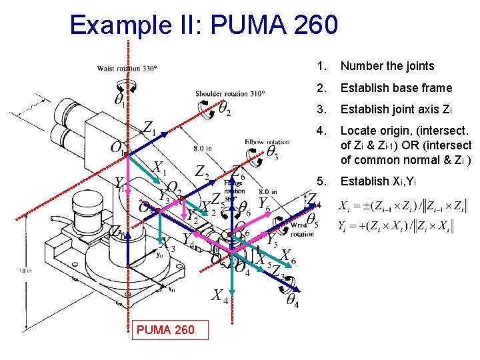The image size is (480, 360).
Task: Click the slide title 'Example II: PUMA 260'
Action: click(x=204, y=25)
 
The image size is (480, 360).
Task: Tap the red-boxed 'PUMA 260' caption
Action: click(x=165, y=329)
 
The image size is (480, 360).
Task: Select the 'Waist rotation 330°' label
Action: click(x=127, y=68)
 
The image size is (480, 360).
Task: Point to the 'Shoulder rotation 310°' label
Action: click(x=230, y=93)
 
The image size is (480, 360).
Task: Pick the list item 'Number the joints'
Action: click(x=387, y=66)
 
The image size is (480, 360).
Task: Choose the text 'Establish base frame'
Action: click(x=396, y=88)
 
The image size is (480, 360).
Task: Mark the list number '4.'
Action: click(x=323, y=131)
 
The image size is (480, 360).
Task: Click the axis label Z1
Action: click(x=149, y=129)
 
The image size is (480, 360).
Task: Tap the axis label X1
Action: click(x=159, y=167)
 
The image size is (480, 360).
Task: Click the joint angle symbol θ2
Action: click(x=225, y=107)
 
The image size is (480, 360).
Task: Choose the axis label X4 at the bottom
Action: click(x=220, y=296)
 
